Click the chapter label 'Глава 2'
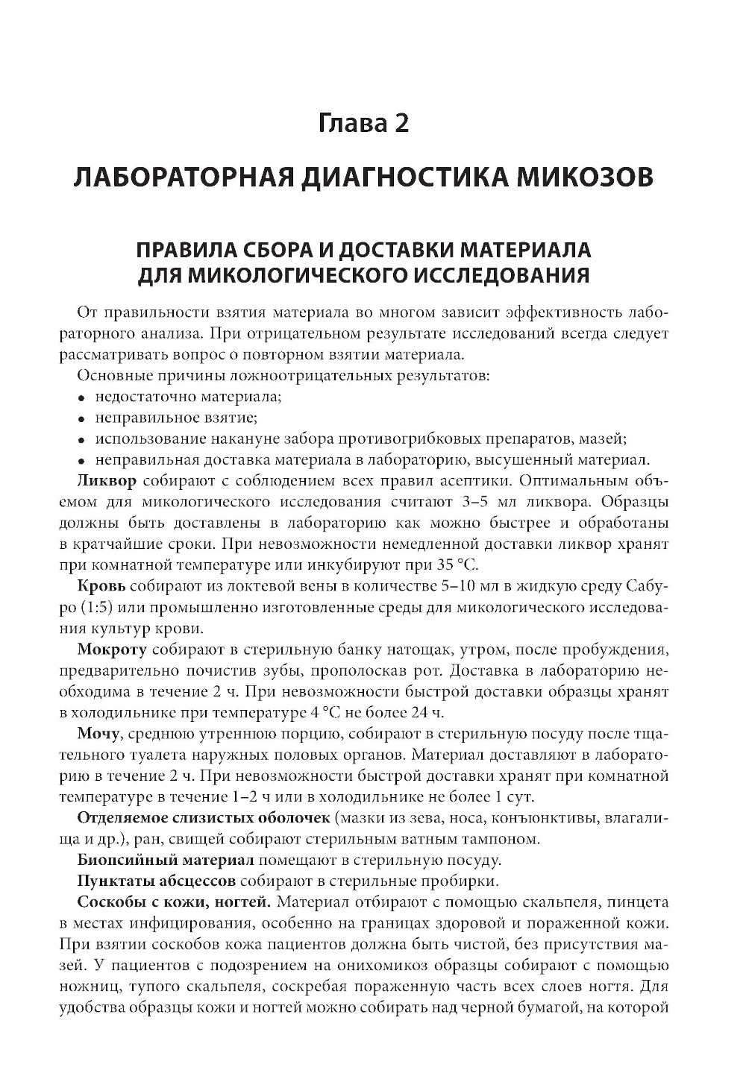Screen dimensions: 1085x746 tap(363, 122)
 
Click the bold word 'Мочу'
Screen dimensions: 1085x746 tap(98, 736)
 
